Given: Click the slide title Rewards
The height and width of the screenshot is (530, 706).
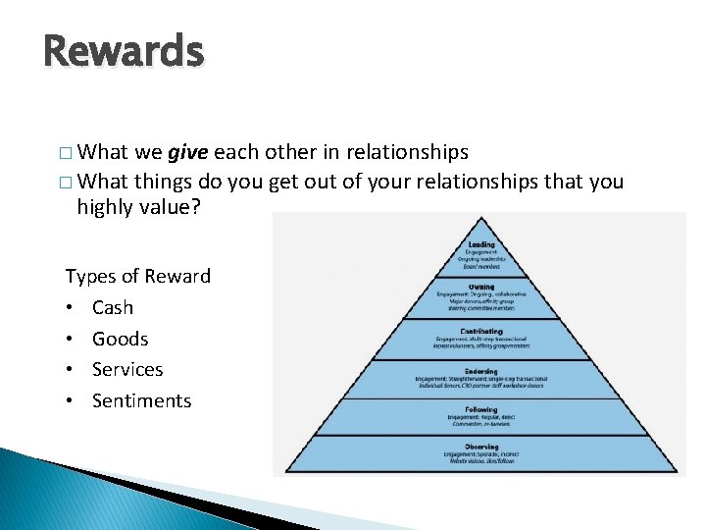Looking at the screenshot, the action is tap(124, 51).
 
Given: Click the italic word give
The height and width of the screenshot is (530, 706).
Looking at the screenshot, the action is tap(187, 153).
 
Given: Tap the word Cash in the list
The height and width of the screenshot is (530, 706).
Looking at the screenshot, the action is tap(112, 307).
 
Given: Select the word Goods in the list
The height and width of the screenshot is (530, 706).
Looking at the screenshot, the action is tap(120, 339).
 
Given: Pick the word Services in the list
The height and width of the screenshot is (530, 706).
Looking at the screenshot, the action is tap(127, 369).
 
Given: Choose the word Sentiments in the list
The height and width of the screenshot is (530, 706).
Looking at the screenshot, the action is tap(141, 400).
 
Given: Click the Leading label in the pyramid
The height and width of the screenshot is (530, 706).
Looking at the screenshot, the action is tap(481, 244).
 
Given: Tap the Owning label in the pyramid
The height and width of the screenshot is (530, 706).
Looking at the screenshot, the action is tap(481, 287).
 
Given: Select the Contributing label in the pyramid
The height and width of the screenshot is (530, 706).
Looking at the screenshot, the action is tap(481, 332).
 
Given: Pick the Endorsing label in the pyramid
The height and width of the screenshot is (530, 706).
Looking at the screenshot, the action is tap(481, 372).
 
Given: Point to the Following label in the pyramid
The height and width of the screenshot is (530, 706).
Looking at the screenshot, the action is tap(481, 409).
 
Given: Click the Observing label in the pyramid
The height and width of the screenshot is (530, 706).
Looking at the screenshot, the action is tap(481, 447).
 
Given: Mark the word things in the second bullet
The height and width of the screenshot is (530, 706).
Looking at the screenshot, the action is tap(164, 181).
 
